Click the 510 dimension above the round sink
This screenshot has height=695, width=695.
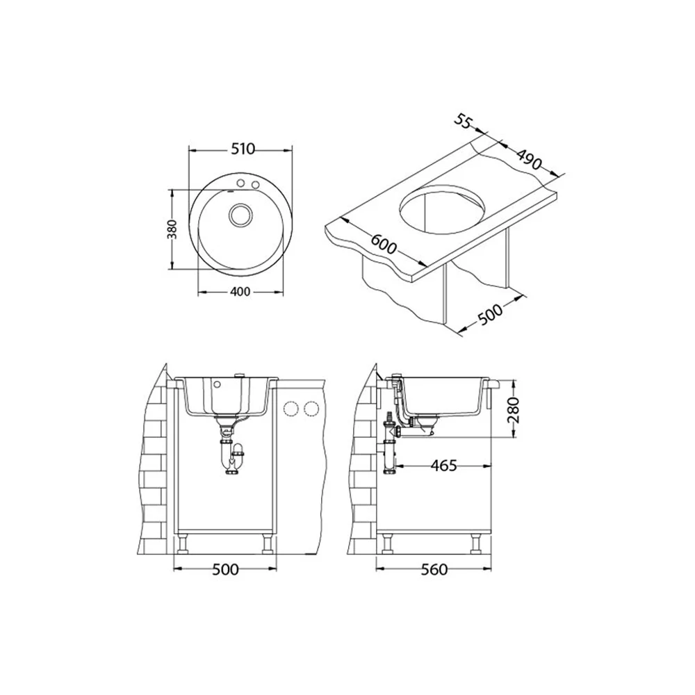tap(243, 149)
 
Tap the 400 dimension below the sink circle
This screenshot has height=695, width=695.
tap(240, 291)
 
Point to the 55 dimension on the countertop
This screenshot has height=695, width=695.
tap(462, 121)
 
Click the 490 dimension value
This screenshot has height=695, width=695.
tap(529, 160)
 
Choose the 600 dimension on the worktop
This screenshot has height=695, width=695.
tap(384, 243)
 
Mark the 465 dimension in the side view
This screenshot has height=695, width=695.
tap(443, 466)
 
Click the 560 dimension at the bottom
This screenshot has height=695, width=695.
tap(434, 569)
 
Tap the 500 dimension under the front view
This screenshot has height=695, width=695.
tap(225, 569)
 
